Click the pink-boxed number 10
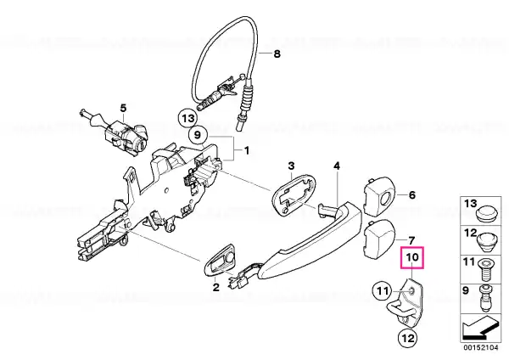pos(412,257)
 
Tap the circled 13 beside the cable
pos(188,118)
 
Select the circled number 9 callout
pos(198,134)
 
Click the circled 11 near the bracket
pos(382,291)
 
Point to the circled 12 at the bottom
pos(408,338)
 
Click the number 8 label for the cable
pos(277,53)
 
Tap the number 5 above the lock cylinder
pos(123,108)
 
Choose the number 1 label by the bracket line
pos(247,151)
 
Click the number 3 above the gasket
pos(291,166)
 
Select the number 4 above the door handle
pos(337,166)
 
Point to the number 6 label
pos(412,195)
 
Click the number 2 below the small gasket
pos(215,287)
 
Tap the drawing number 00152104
pos(481,347)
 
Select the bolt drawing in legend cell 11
pos(485,270)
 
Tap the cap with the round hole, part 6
pos(378,196)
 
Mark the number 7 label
pos(411,241)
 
